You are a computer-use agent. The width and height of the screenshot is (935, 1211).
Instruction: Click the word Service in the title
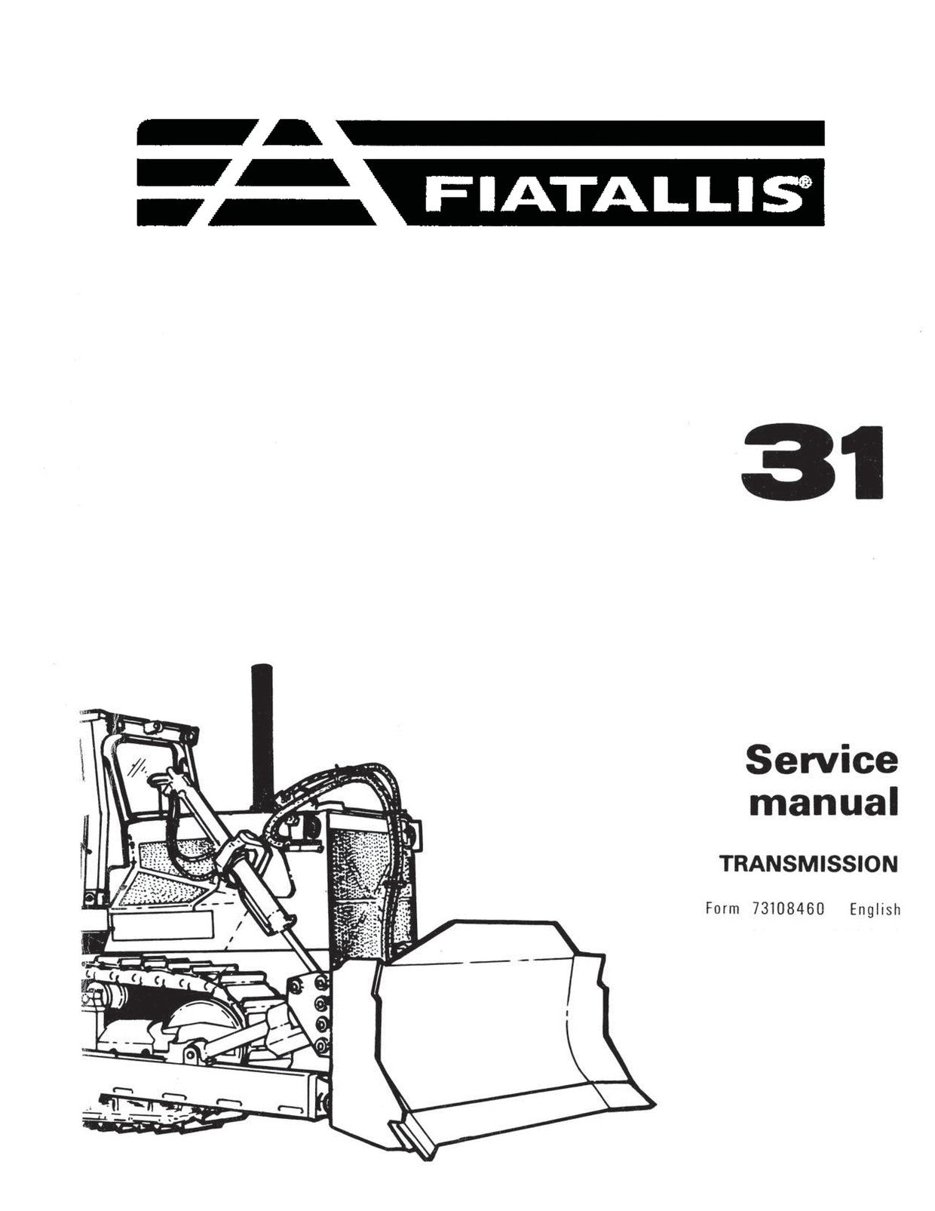(821, 761)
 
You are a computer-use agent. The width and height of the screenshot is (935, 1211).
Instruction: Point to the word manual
(823, 802)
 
